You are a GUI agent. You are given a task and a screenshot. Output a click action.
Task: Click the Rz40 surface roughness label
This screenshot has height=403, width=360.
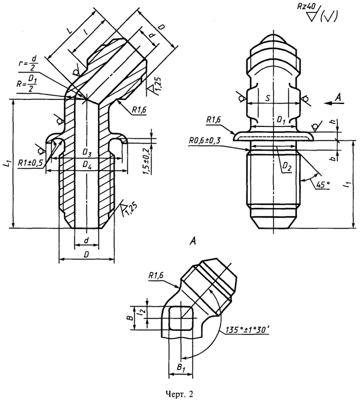306,6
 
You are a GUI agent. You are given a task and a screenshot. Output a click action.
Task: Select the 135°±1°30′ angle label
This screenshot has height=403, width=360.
247,330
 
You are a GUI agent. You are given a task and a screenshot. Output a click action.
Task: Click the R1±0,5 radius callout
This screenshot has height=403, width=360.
31,162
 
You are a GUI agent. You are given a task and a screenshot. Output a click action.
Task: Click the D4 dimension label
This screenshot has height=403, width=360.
87,166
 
